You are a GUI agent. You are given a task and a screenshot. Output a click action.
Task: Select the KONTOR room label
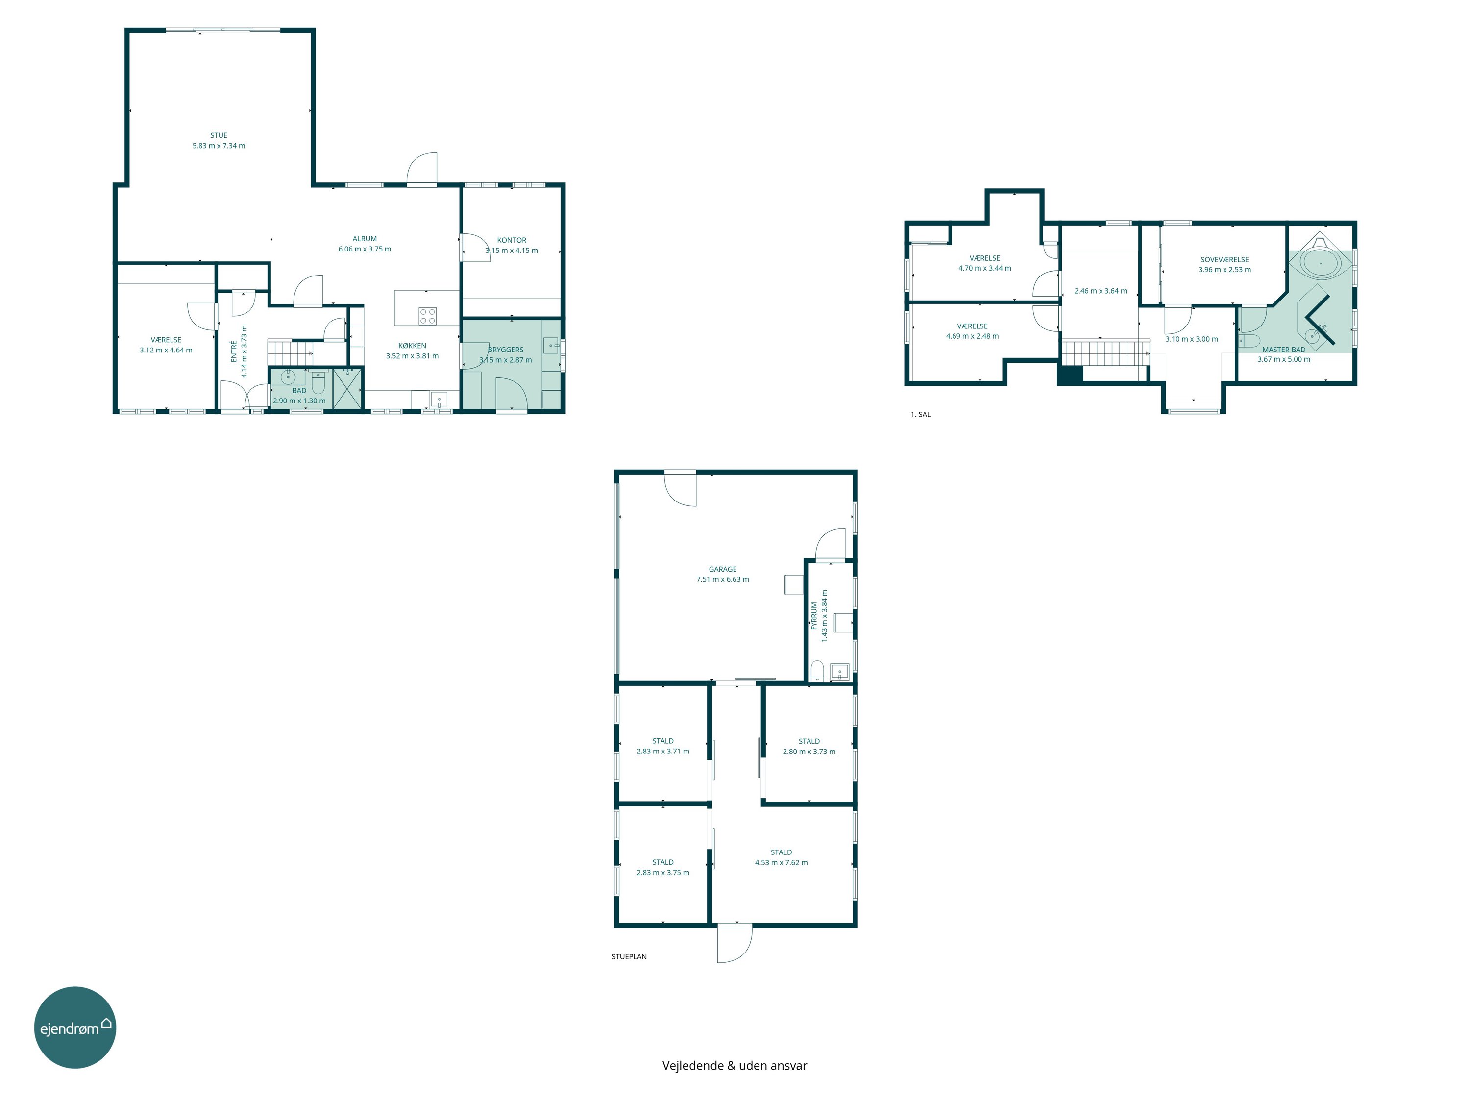[512, 240]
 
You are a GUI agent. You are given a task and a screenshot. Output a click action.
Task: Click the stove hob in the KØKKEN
[427, 316]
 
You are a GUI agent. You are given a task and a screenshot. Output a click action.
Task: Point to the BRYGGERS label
[506, 350]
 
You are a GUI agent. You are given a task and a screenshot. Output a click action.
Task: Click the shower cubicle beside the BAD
[347, 388]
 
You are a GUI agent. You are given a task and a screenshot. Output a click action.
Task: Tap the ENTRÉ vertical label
[234, 351]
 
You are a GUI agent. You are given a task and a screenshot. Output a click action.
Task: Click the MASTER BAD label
[1284, 350]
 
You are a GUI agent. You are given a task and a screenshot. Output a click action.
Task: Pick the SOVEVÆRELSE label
[1225, 260]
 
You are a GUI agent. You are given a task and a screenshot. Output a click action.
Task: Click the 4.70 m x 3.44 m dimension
[985, 269]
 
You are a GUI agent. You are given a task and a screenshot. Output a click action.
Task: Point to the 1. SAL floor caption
[920, 415]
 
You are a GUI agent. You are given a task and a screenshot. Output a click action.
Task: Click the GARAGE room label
[722, 569]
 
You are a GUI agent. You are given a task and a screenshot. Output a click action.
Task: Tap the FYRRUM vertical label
[814, 616]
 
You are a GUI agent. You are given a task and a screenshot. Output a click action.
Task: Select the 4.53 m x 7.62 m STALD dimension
[782, 863]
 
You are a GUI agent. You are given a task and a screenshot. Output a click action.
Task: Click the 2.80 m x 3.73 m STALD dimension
[809, 752]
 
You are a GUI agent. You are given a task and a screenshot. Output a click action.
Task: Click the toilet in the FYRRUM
[817, 672]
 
